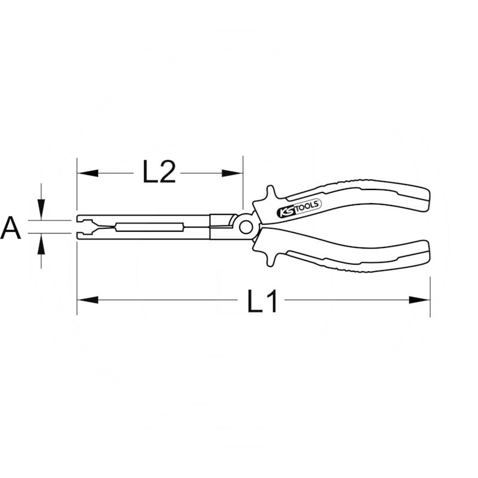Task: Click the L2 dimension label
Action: [x=159, y=172]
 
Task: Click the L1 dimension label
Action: [x=262, y=301]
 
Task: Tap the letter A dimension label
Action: [x=11, y=228]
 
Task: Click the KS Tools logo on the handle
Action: [x=299, y=207]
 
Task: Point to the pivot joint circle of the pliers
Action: [x=246, y=227]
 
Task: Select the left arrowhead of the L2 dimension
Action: [x=88, y=173]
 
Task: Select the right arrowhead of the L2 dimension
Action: [x=232, y=173]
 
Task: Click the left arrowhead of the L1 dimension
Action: [x=88, y=300]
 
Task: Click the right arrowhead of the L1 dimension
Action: [x=419, y=300]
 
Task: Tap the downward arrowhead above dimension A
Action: [x=41, y=210]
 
